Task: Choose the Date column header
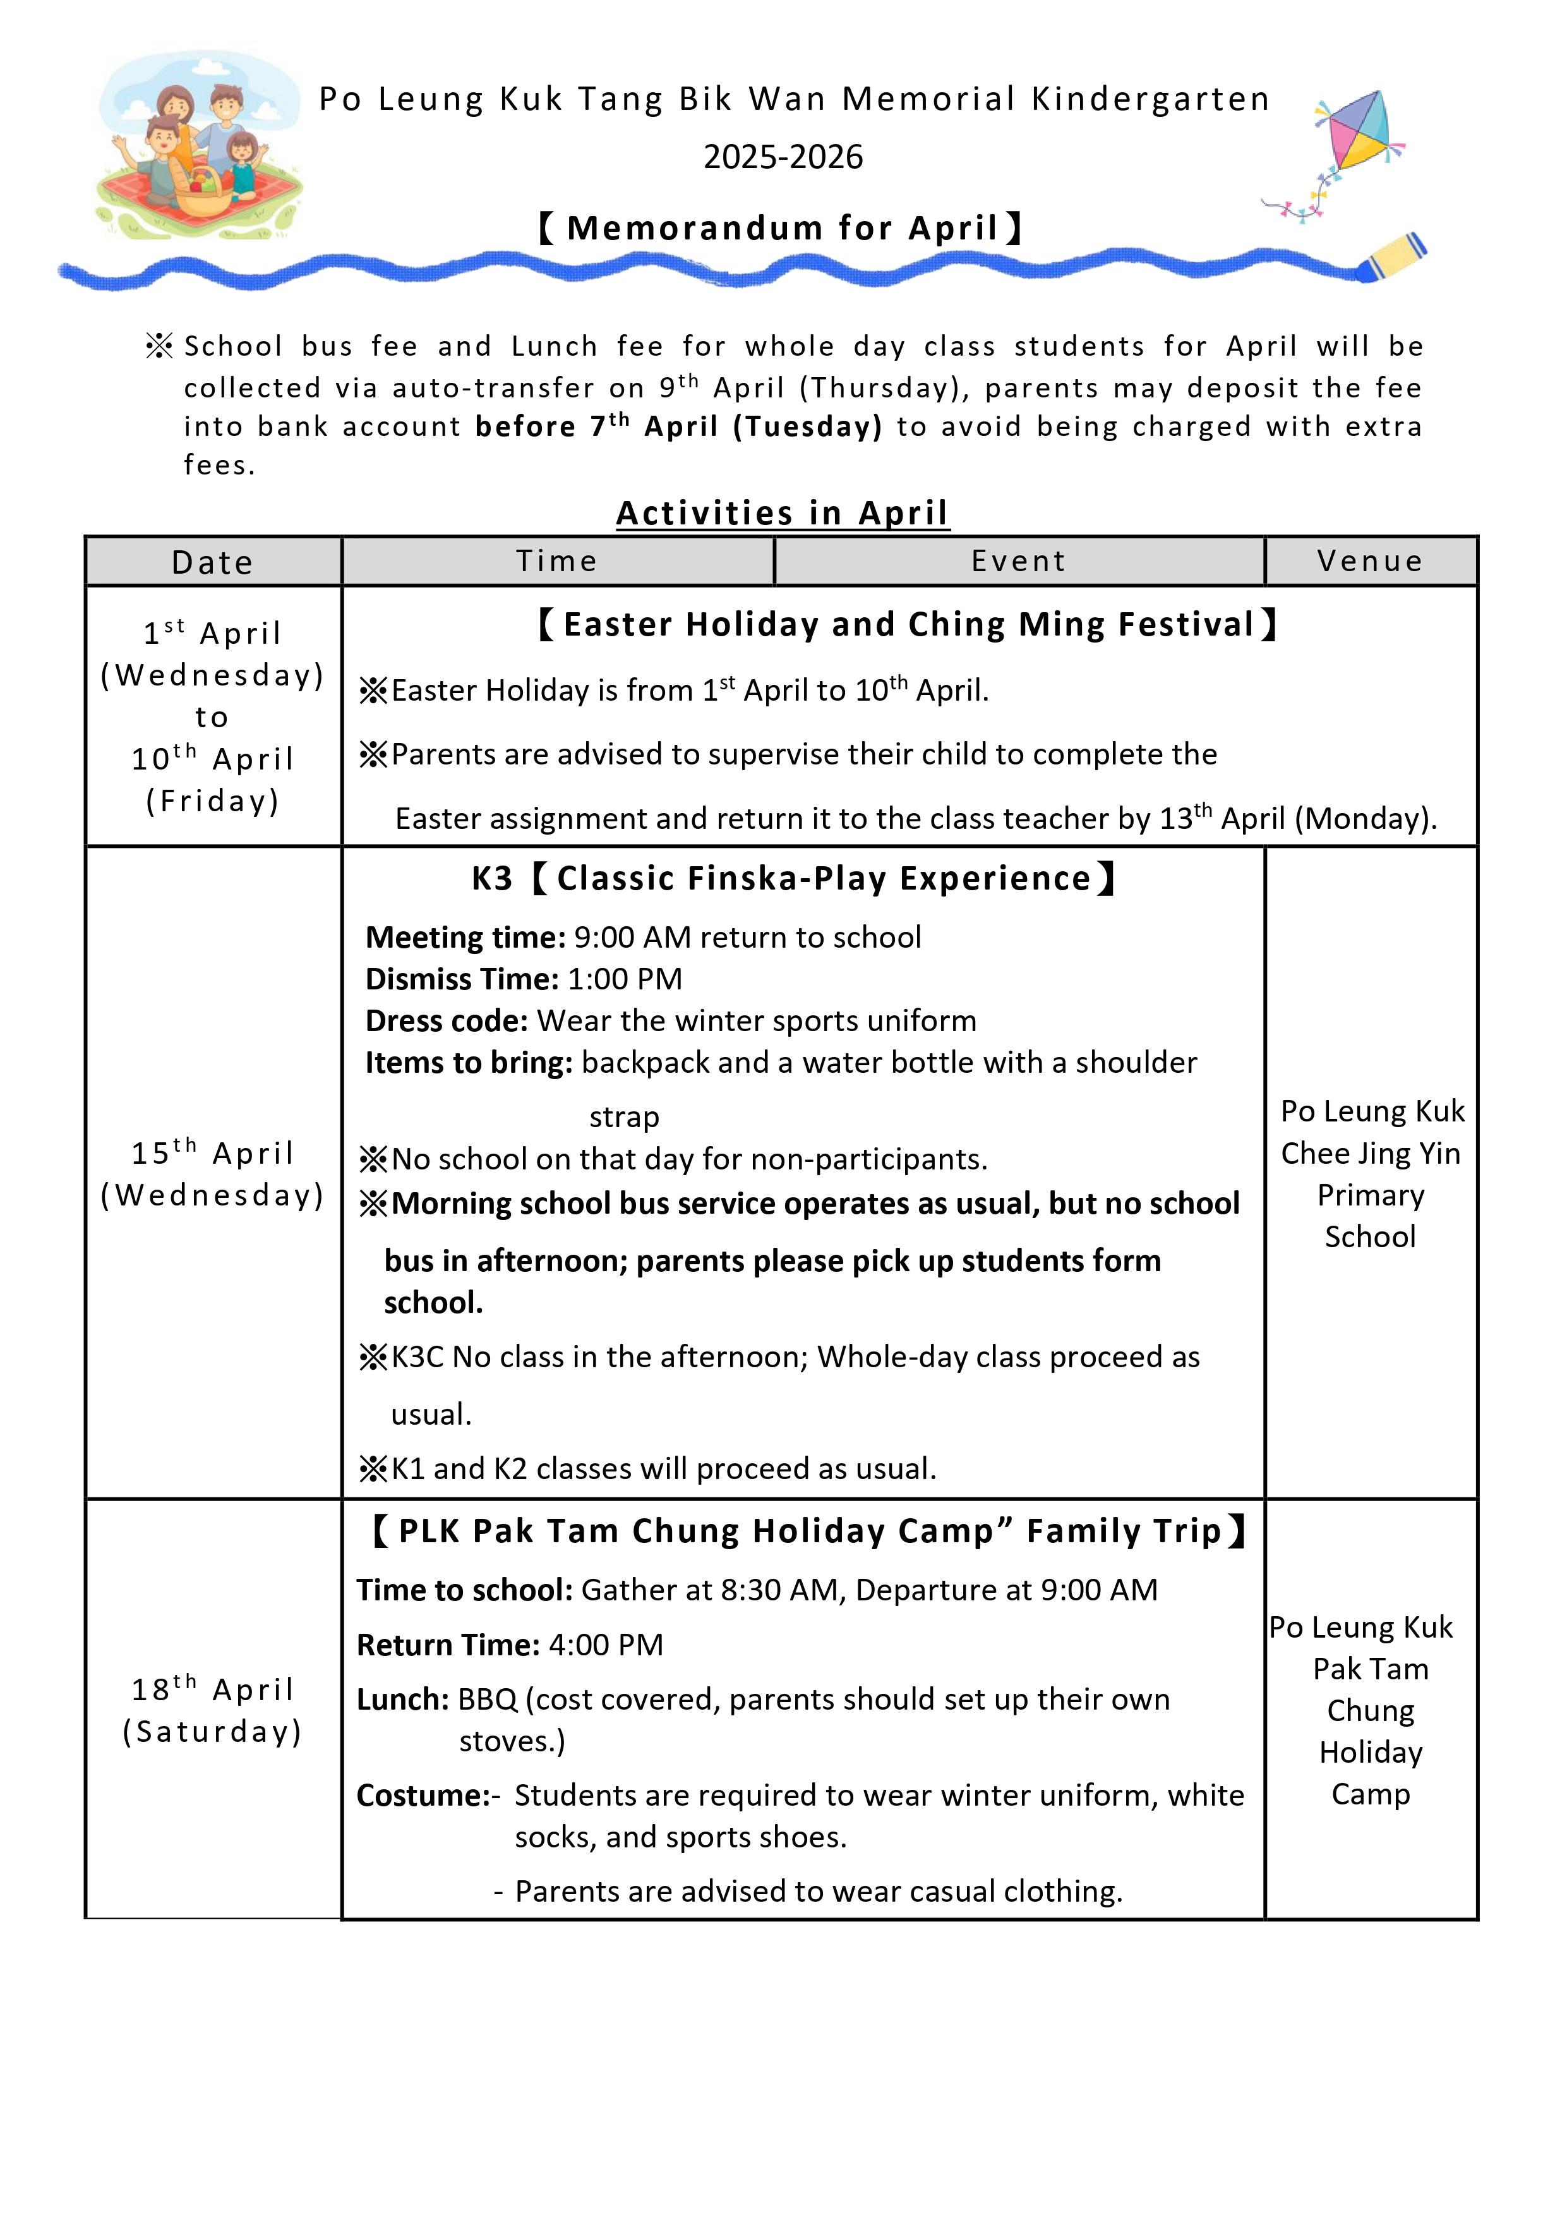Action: [x=212, y=562]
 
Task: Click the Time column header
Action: [x=557, y=561]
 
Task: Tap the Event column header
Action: [x=1019, y=561]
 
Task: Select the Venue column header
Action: [x=1370, y=561]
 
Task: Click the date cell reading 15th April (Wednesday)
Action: [x=212, y=1173]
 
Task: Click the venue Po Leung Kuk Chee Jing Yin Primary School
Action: [x=1370, y=1173]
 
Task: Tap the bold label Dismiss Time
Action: [x=462, y=979]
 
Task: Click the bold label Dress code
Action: [x=446, y=1020]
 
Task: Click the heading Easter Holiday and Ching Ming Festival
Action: [x=908, y=625]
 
